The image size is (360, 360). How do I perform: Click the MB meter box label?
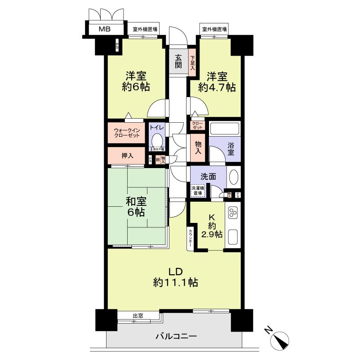click(105, 30)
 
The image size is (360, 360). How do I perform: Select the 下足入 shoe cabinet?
click(192, 63)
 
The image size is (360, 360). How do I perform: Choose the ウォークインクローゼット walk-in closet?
click(126, 133)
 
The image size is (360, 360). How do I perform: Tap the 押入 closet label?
click(127, 156)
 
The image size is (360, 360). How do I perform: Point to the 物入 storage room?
click(197, 148)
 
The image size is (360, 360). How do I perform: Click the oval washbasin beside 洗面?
click(234, 177)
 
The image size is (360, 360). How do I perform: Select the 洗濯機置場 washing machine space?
click(198, 191)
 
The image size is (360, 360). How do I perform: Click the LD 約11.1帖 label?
click(175, 277)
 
